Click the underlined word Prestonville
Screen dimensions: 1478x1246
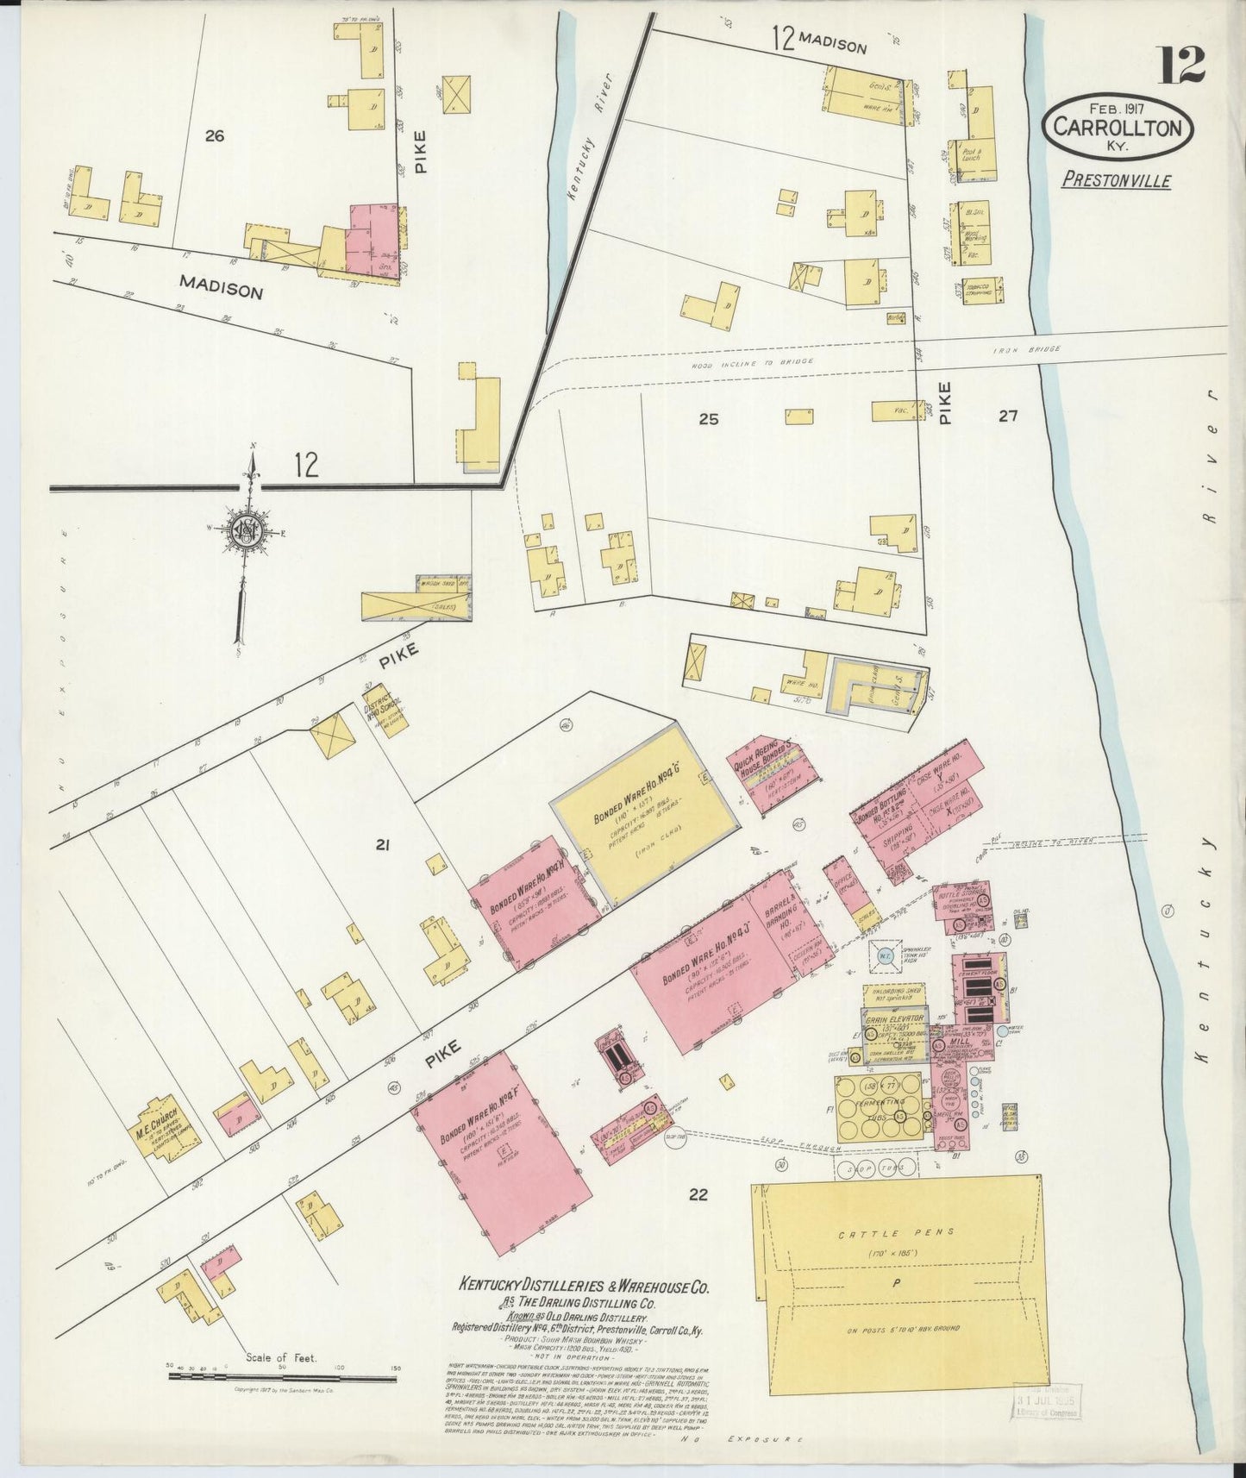[x=1116, y=180]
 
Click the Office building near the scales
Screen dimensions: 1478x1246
[x=838, y=887]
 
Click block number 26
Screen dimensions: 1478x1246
[x=215, y=135]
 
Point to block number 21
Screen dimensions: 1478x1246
[x=383, y=846]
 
